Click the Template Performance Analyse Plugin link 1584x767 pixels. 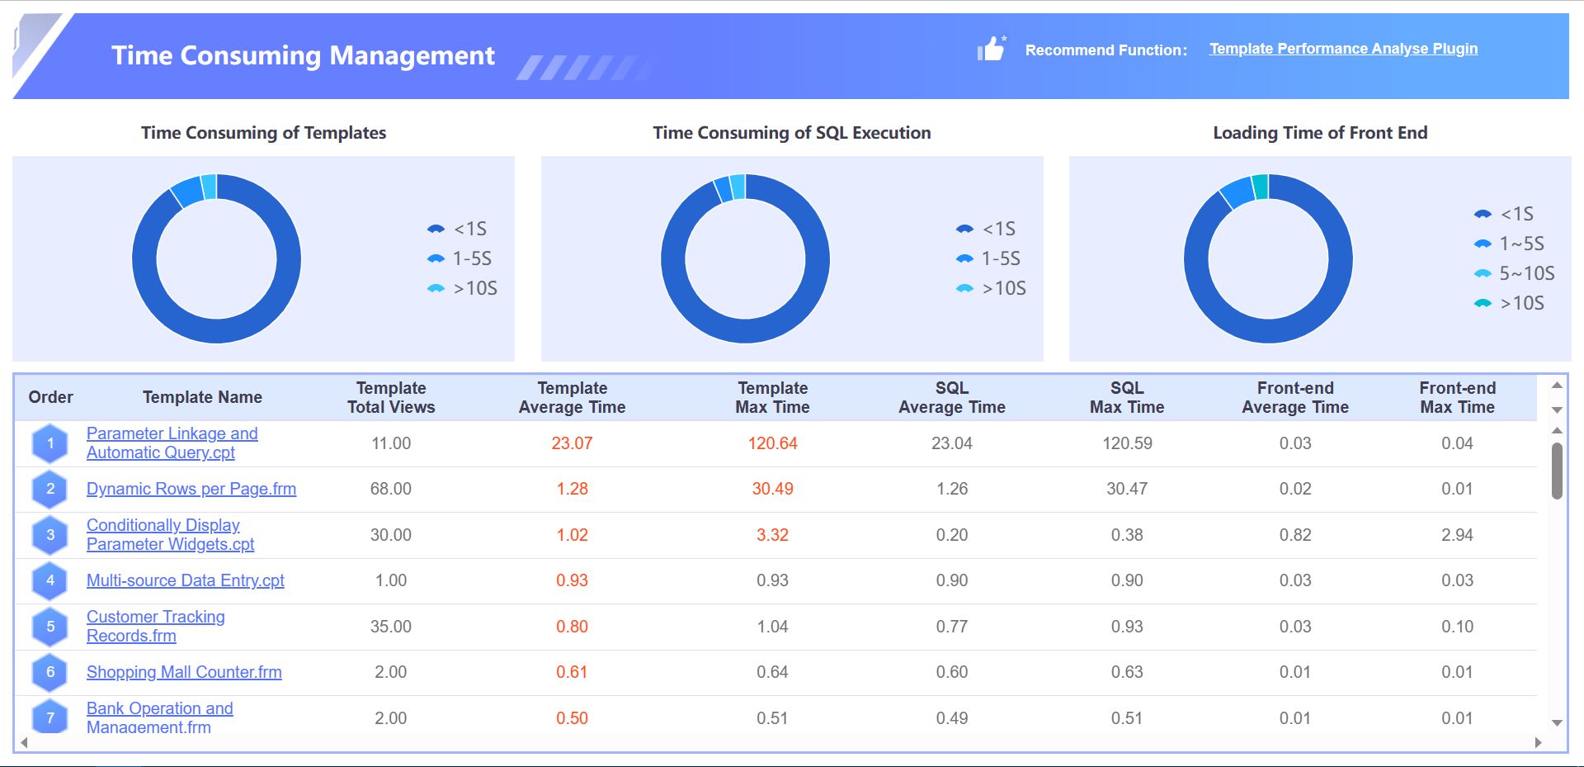coord(1343,49)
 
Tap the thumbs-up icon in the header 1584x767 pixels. coord(991,49)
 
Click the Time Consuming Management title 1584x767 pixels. coord(303,55)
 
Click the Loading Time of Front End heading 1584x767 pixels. coord(1319,133)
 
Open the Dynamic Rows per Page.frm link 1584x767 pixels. coord(191,489)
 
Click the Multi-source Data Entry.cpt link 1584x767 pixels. coord(186,580)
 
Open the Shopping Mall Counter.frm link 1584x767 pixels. coord(184,672)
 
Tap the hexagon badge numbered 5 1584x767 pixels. coord(50,627)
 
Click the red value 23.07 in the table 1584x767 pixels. coord(572,443)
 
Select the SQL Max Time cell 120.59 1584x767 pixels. coord(1127,443)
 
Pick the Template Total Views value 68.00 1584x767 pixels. coord(390,489)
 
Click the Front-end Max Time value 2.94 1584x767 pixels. coord(1457,535)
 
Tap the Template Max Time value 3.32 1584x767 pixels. coord(772,535)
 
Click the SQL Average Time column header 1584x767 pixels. coord(951,397)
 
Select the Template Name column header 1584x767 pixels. coord(202,397)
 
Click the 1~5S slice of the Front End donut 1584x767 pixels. coord(1237,192)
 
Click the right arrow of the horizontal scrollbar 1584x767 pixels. coord(1538,742)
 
